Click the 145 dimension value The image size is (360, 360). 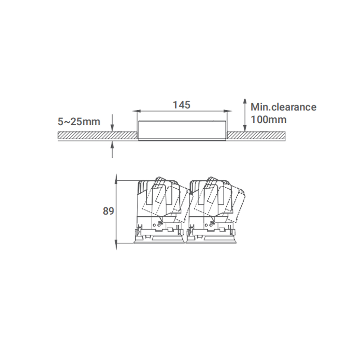(x=181, y=105)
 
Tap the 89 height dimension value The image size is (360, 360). (x=108, y=211)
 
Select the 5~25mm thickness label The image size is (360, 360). (x=79, y=122)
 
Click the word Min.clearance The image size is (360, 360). (x=283, y=107)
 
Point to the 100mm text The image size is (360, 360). (x=269, y=120)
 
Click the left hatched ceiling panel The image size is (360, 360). (x=97, y=135)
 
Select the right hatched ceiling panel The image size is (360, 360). (x=256, y=135)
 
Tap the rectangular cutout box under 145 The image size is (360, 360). (x=181, y=130)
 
